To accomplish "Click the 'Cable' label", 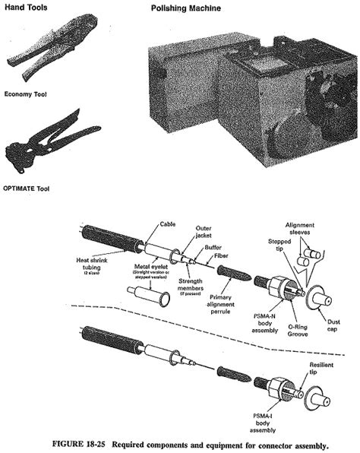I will pyautogui.click(x=168, y=226).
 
